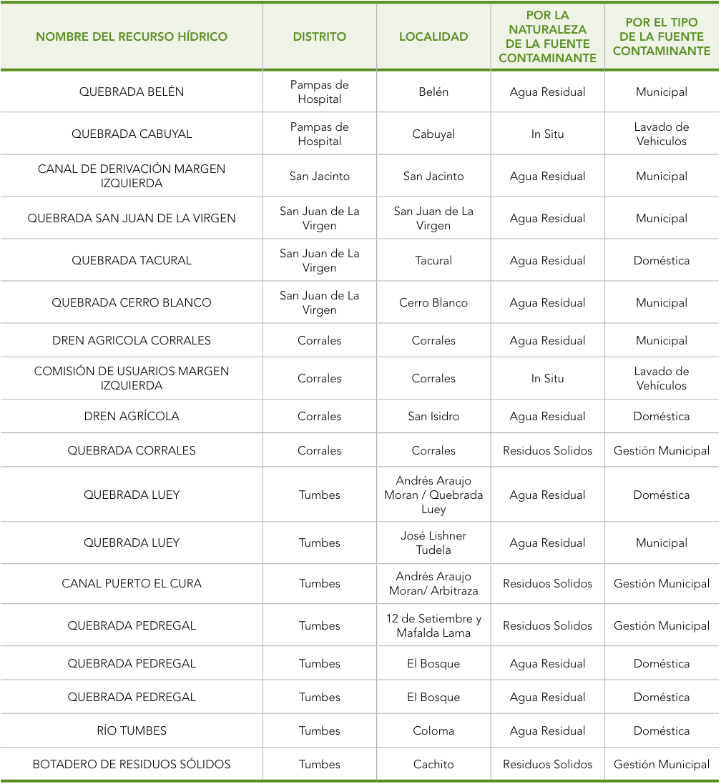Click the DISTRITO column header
click(x=319, y=36)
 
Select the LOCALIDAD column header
click(x=433, y=36)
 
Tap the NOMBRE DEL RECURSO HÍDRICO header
click(x=132, y=36)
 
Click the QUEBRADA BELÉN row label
click(x=132, y=91)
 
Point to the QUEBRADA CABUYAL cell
click(x=132, y=134)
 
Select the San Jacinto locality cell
click(x=433, y=176)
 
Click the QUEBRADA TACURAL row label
click(x=132, y=260)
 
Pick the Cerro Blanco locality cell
click(x=433, y=302)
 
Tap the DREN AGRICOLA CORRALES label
click(x=132, y=340)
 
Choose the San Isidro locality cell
click(x=433, y=416)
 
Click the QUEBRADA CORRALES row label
click(x=132, y=450)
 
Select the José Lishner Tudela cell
click(x=433, y=542)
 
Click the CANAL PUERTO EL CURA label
click(x=132, y=583)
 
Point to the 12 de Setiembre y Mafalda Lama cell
click(x=433, y=625)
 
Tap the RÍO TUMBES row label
click(x=132, y=730)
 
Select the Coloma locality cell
click(x=433, y=730)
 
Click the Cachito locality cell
click(x=433, y=764)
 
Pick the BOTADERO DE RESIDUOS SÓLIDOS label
click(x=132, y=764)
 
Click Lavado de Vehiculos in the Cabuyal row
click(x=662, y=134)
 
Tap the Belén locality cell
click(x=433, y=91)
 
